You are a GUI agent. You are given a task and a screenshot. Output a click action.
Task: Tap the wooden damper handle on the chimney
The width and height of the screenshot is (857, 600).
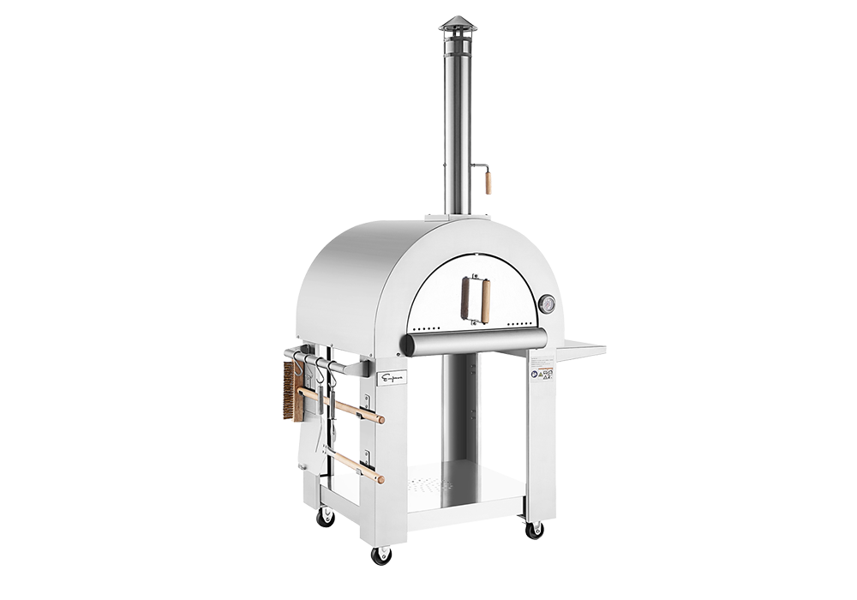pos(489,183)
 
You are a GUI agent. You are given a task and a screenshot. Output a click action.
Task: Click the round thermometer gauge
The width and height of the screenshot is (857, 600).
pos(546,303)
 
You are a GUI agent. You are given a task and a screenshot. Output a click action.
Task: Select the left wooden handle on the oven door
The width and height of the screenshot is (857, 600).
pos(466,300)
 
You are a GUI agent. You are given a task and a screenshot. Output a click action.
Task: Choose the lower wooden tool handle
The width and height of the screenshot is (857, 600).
pos(358,467)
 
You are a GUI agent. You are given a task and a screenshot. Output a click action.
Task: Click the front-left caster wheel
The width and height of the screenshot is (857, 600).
pos(381,555)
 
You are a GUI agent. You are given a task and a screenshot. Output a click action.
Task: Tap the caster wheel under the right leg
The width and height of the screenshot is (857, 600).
pos(535,529)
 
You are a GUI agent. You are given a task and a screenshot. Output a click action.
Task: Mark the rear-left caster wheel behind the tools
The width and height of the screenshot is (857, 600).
pos(326,516)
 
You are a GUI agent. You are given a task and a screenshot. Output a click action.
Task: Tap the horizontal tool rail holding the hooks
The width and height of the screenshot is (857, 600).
pos(334,365)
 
